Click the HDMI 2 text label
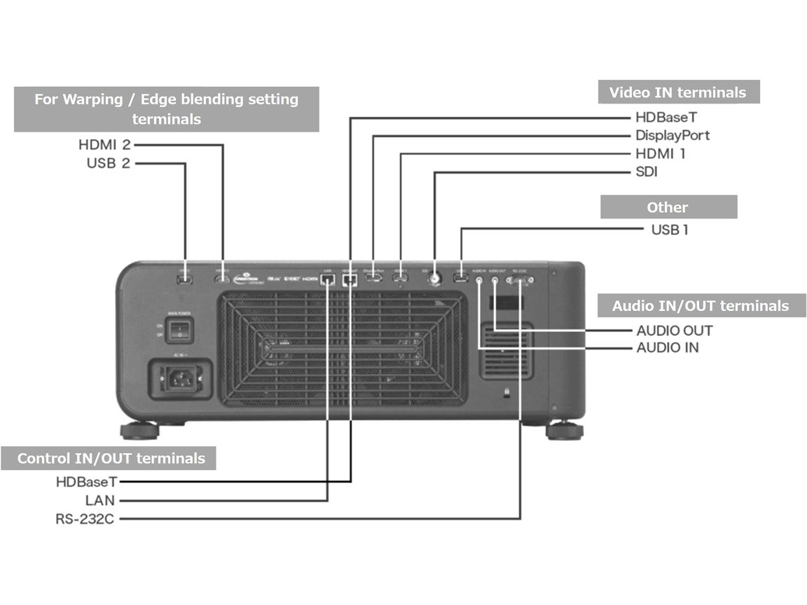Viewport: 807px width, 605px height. (104, 146)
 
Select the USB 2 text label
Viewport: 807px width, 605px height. (109, 164)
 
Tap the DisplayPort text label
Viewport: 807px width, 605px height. (672, 135)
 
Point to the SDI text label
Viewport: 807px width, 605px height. (646, 172)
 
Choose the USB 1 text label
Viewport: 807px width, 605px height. (670, 229)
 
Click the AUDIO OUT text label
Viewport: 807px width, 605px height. (674, 331)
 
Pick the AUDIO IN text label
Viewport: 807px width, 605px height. (667, 347)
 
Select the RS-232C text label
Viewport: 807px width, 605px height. (85, 519)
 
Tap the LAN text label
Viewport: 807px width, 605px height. (101, 501)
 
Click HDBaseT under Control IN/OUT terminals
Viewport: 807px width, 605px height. (86, 482)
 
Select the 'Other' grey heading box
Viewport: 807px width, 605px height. (668, 207)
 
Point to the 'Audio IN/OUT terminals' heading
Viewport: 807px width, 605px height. (701, 306)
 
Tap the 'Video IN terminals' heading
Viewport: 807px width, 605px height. (677, 92)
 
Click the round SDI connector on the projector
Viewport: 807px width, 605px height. (435, 278)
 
